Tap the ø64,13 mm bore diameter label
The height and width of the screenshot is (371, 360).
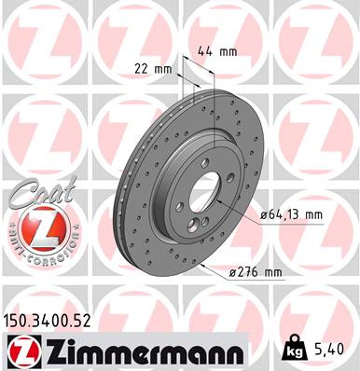(291, 215)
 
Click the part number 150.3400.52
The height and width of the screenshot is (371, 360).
(57, 321)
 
